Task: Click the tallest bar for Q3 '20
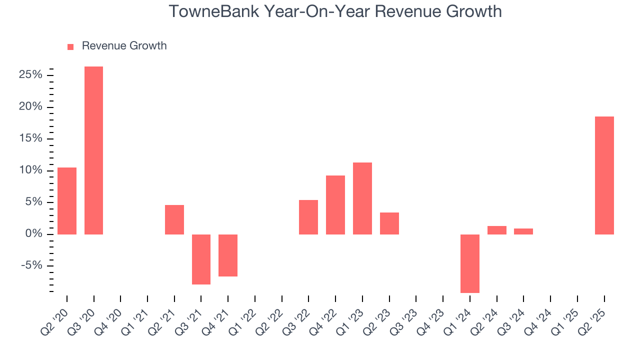pyautogui.click(x=93, y=150)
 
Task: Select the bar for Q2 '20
pyautogui.click(x=67, y=200)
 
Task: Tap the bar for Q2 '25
pyautogui.click(x=604, y=175)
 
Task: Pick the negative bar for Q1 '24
pyautogui.click(x=470, y=263)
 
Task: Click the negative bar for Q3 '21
pyautogui.click(x=201, y=259)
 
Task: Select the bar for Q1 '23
pyautogui.click(x=362, y=198)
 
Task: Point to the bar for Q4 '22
pyautogui.click(x=335, y=204)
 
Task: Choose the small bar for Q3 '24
pyautogui.click(x=523, y=231)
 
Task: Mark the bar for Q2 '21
pyautogui.click(x=174, y=219)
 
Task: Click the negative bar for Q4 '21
pyautogui.click(x=228, y=255)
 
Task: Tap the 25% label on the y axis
pyautogui.click(x=30, y=75)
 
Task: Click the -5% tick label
pyautogui.click(x=32, y=265)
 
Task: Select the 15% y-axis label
pyautogui.click(x=30, y=138)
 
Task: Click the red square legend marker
pyautogui.click(x=70, y=46)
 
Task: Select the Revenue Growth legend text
pyautogui.click(x=124, y=46)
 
